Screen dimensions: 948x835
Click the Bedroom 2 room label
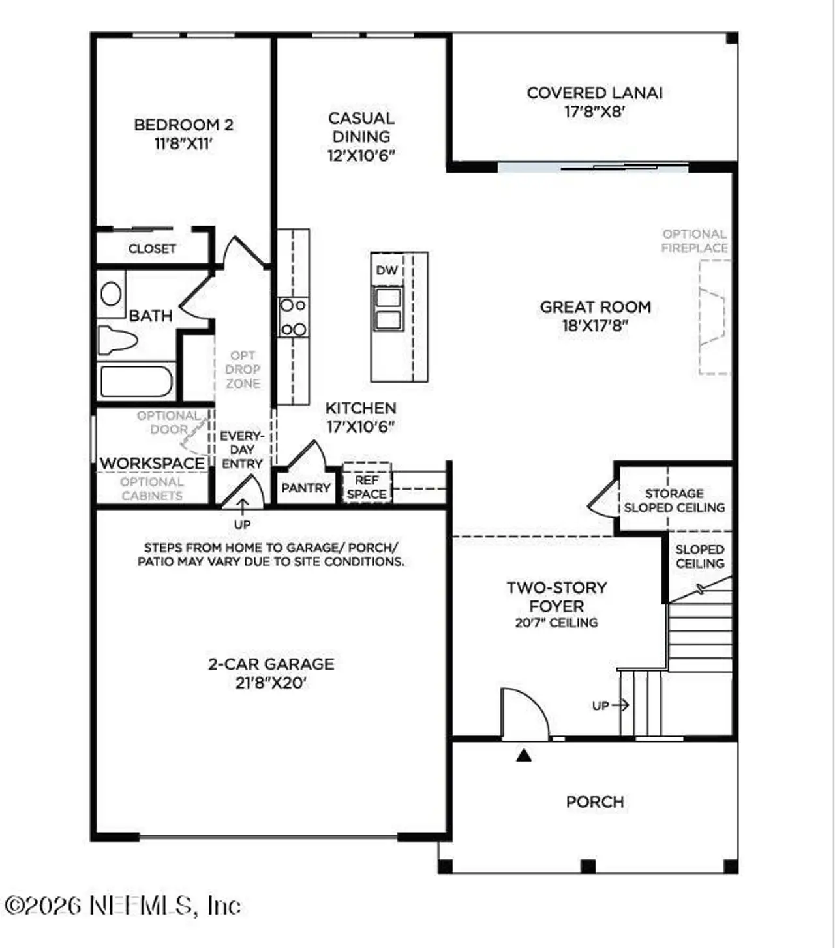183,125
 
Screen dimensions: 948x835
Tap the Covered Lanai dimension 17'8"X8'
594,111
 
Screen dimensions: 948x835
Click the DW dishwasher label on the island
386,270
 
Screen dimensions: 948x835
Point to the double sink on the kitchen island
387,309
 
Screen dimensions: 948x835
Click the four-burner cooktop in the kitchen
293,317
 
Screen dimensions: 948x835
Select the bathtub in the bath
136,381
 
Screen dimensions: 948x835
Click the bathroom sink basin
111,294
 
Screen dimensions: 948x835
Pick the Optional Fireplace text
694,241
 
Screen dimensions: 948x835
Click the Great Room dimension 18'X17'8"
595,325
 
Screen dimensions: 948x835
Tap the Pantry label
306,488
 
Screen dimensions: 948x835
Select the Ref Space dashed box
367,483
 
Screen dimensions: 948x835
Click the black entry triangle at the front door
524,756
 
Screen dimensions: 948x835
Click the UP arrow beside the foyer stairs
611,705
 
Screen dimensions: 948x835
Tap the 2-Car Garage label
271,664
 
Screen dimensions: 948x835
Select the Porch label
594,801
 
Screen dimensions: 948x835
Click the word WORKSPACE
152,463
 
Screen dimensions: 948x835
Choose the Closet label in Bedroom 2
152,248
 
